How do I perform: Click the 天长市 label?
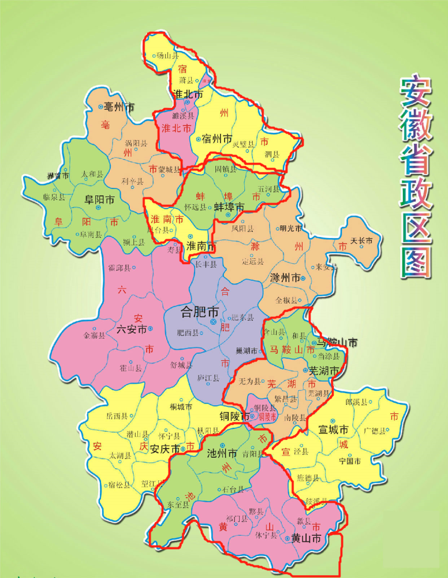(362, 240)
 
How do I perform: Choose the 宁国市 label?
(350, 461)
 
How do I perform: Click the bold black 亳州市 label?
(119, 107)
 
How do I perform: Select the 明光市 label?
(290, 228)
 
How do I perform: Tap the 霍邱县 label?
(119, 268)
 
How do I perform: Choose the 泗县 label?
(271, 154)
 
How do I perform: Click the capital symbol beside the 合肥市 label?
(214, 322)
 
